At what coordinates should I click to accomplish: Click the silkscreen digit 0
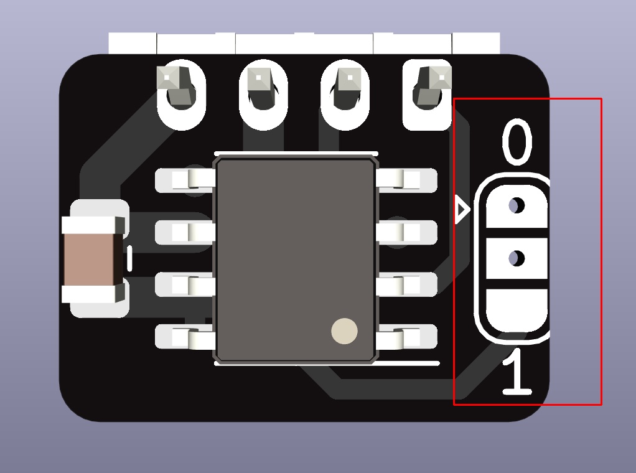click(x=517, y=143)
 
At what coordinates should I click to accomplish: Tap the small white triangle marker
click(x=462, y=210)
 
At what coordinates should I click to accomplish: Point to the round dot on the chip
click(x=344, y=332)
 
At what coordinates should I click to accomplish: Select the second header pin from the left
click(x=263, y=90)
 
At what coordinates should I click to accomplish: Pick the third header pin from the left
click(x=344, y=90)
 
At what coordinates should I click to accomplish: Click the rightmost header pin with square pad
click(x=428, y=90)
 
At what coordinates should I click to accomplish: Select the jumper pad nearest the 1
click(x=517, y=310)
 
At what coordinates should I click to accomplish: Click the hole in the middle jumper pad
click(x=516, y=258)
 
